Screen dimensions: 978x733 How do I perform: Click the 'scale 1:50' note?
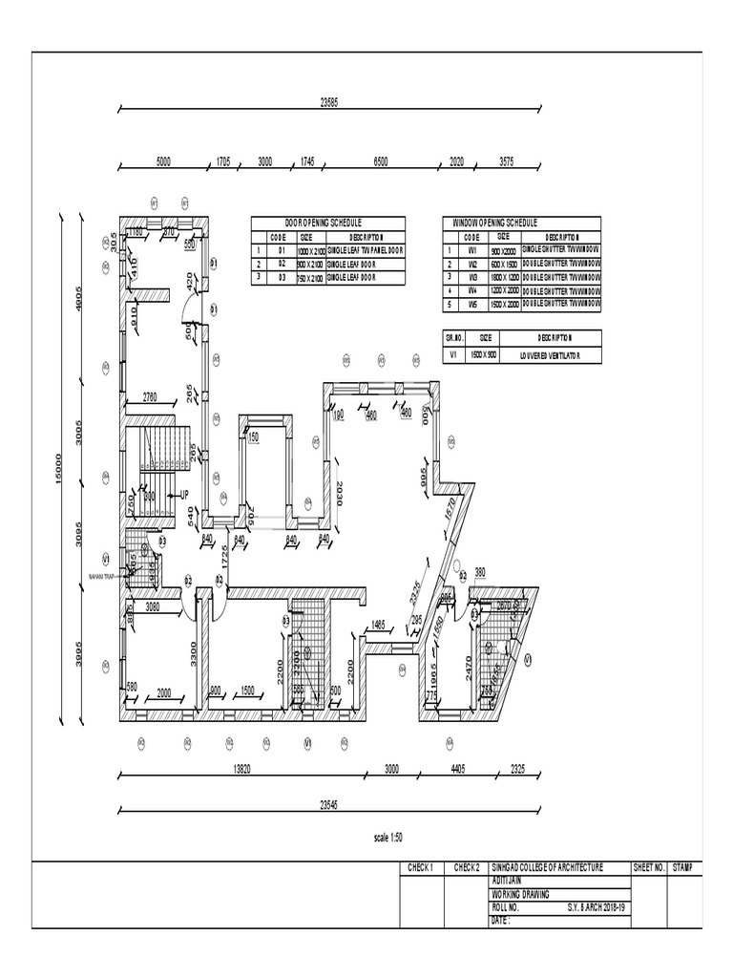pyautogui.click(x=388, y=837)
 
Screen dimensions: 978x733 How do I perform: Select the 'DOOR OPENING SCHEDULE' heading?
pyautogui.click(x=317, y=222)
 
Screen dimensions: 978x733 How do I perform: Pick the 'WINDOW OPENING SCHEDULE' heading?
pyautogui.click(x=495, y=222)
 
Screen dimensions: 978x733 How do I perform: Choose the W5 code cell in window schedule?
pyautogui.click(x=471, y=303)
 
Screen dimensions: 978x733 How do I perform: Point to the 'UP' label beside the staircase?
pyautogui.click(x=184, y=495)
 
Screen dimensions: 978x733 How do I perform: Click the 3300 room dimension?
pyautogui.click(x=193, y=653)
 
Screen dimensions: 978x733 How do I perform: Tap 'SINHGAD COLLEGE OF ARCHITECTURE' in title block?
pyautogui.click(x=547, y=867)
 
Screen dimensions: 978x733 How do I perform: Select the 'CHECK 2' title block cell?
pyautogui.click(x=466, y=867)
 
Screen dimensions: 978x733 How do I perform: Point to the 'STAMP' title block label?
pyautogui.click(x=682, y=867)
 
